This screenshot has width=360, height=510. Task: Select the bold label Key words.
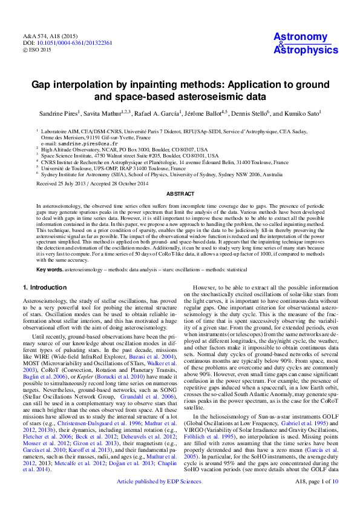[x=50, y=268]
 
